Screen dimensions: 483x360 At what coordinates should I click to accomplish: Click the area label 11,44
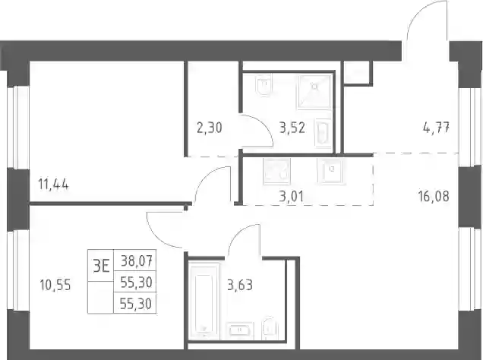[53, 185]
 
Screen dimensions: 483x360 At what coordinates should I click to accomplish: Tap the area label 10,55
[55, 285]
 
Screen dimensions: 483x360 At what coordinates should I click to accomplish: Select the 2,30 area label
[210, 128]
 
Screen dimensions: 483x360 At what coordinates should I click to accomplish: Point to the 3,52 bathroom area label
[292, 128]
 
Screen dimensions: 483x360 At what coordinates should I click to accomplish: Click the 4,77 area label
[437, 127]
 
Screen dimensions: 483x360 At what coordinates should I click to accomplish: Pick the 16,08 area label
[434, 196]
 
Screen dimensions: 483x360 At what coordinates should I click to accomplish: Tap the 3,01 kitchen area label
[292, 197]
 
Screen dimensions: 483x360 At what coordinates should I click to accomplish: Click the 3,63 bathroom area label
[240, 285]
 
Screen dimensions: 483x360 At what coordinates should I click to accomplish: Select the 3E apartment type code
[101, 266]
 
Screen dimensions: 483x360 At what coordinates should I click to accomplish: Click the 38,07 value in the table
[137, 262]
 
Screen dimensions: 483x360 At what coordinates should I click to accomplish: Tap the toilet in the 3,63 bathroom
[269, 328]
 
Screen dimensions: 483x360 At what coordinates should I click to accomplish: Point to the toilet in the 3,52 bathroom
[264, 84]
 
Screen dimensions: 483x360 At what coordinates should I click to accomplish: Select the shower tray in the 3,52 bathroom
[314, 91]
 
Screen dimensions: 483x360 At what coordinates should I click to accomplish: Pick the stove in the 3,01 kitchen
[276, 172]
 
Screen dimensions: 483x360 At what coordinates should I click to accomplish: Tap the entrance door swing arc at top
[422, 14]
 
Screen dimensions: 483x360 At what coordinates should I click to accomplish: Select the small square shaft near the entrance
[358, 73]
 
